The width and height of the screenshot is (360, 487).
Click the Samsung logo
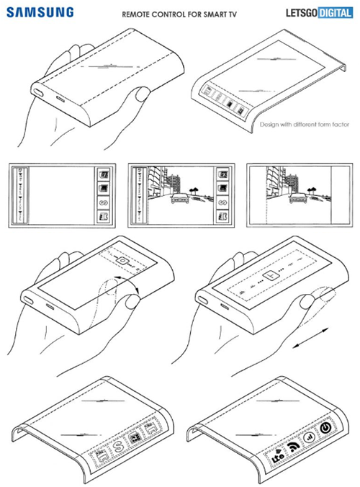tap(40, 12)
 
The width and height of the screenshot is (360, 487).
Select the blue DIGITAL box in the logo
tap(336, 13)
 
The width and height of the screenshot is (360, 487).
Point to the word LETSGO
tap(302, 13)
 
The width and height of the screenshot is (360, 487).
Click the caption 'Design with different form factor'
tap(305, 125)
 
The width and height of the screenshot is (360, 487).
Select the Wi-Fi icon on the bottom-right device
tap(294, 447)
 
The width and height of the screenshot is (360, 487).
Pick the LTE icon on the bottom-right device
tap(277, 455)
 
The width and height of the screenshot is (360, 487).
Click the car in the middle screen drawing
tap(179, 198)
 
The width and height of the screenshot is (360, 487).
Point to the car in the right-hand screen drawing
tap(297, 198)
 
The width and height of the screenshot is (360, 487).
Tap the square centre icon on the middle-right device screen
tap(270, 275)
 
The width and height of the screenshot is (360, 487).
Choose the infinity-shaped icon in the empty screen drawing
tap(103, 203)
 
